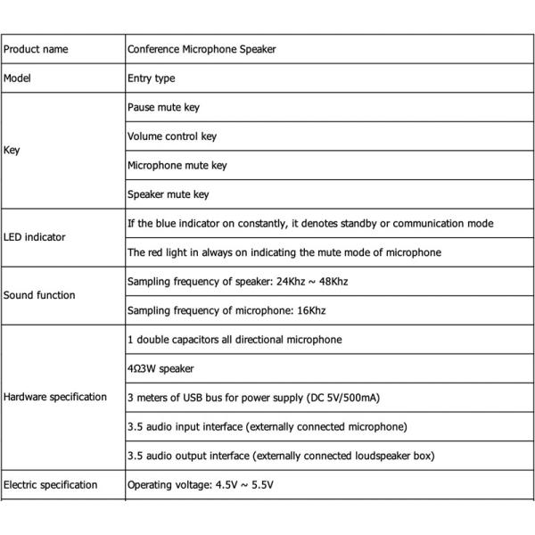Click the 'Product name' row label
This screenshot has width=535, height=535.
36,50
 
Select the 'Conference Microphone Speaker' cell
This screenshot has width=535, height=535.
202,50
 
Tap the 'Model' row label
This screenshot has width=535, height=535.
18,78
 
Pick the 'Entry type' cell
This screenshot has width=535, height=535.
152,78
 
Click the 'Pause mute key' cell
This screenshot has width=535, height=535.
163,108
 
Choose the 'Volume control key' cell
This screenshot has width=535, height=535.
172,136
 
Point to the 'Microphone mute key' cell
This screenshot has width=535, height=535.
177,165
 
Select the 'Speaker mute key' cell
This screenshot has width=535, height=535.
169,194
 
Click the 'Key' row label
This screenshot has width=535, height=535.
12,151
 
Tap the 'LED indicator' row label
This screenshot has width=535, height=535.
35,238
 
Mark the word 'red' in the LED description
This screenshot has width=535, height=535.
155,252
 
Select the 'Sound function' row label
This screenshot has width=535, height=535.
39,295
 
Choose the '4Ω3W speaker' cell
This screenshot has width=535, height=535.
160,368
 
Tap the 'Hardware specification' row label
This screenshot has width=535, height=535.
55,398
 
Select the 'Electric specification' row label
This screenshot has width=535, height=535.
51,485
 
